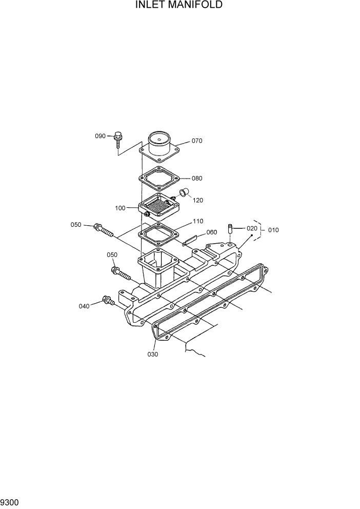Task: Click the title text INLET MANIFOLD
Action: click(x=179, y=6)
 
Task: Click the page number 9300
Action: click(x=10, y=501)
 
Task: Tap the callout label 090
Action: click(x=100, y=136)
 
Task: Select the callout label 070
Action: click(x=197, y=141)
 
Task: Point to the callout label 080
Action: click(x=197, y=179)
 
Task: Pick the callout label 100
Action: click(x=120, y=208)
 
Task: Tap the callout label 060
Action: click(x=211, y=232)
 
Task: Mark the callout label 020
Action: click(x=252, y=228)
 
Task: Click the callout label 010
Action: click(x=273, y=230)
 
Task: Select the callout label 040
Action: click(x=84, y=306)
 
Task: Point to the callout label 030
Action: click(x=153, y=354)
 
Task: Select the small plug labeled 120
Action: click(x=183, y=193)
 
